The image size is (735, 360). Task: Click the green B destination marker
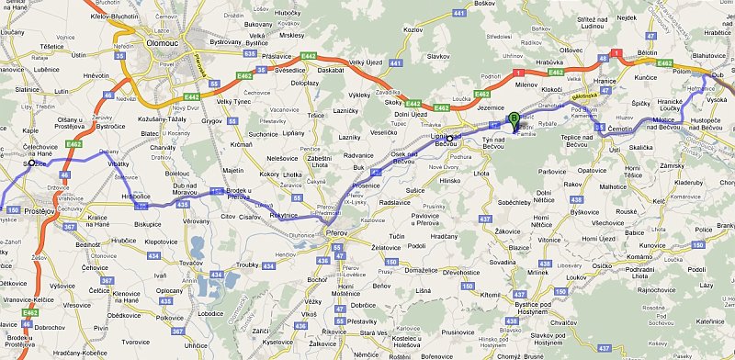pos(514,117)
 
